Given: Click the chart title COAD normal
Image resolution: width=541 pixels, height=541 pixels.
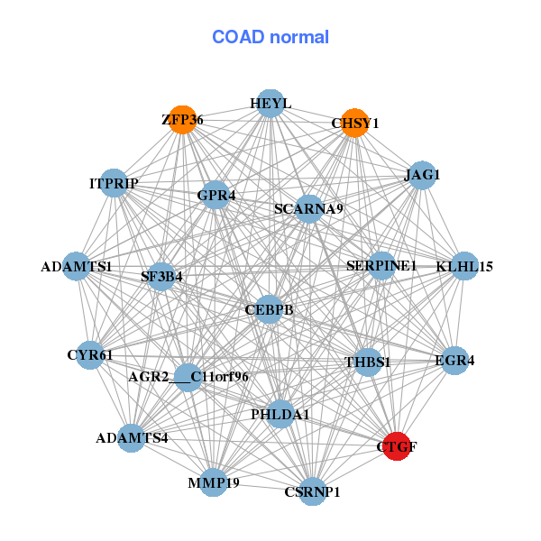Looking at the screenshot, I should (270, 38).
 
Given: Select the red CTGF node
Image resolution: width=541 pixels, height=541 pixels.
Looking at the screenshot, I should (397, 445).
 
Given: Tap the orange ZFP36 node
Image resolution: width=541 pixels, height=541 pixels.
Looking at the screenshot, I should (182, 120).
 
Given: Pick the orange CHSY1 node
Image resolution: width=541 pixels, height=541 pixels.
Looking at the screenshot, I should (355, 123).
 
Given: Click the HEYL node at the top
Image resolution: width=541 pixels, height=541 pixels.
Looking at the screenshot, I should (270, 104).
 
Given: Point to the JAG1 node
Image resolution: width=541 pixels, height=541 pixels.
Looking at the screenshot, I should (422, 175).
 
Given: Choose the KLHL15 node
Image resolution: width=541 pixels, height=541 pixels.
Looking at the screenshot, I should (463, 266).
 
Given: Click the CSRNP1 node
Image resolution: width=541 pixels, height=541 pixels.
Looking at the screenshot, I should (312, 491).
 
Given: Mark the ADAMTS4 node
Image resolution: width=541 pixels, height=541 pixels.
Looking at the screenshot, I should (132, 438).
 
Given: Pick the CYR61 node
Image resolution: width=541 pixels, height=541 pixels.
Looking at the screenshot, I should (89, 355).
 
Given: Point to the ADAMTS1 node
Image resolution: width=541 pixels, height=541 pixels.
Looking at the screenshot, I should (77, 267).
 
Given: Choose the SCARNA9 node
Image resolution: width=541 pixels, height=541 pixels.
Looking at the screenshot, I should (308, 209).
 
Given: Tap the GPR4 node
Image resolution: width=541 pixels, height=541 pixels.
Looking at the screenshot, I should (215, 195).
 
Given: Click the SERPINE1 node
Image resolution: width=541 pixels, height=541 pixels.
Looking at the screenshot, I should (381, 266).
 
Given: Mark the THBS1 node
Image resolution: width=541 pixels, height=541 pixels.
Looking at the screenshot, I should (368, 362).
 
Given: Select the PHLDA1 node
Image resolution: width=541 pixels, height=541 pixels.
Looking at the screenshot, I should (280, 415).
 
